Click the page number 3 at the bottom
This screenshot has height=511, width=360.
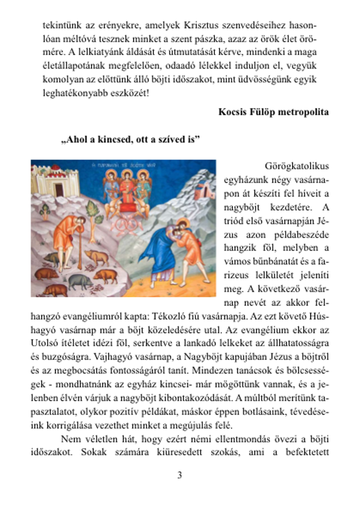(x=179, y=475)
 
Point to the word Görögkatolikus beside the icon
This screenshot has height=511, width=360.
(x=297, y=166)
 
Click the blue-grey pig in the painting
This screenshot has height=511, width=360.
(x=80, y=279)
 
